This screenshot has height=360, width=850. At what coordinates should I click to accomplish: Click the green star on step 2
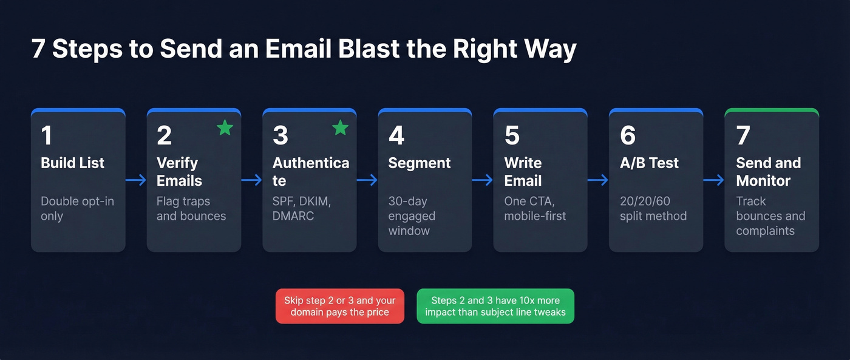click(x=225, y=127)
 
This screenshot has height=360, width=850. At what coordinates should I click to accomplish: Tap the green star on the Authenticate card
click(x=341, y=127)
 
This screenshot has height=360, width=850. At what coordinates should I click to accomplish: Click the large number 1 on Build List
click(x=46, y=136)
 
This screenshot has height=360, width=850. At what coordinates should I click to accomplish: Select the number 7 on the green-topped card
click(x=743, y=136)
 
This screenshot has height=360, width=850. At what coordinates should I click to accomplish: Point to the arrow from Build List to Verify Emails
click(x=136, y=180)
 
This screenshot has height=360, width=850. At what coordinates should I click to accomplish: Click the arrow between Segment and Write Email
click(x=483, y=180)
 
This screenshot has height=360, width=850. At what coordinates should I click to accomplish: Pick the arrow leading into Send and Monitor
click(x=714, y=180)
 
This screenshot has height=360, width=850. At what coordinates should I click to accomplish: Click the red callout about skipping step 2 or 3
click(x=339, y=306)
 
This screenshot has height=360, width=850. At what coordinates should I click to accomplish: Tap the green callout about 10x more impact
click(x=495, y=306)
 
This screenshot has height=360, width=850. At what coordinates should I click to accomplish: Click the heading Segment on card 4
click(x=420, y=163)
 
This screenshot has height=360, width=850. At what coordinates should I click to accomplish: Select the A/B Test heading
click(x=649, y=163)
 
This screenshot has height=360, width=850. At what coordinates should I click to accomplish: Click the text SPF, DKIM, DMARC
click(x=306, y=208)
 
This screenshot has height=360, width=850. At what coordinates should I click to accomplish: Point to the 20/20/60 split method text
click(x=653, y=208)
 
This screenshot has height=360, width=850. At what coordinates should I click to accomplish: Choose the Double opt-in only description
click(x=69, y=208)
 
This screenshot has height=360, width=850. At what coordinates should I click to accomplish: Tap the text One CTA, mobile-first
click(x=535, y=208)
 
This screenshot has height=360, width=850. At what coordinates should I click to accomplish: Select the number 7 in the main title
click(x=38, y=49)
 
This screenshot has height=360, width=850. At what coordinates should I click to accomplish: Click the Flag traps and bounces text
click(x=191, y=208)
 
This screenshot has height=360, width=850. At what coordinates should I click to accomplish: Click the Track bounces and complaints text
click(x=770, y=216)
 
